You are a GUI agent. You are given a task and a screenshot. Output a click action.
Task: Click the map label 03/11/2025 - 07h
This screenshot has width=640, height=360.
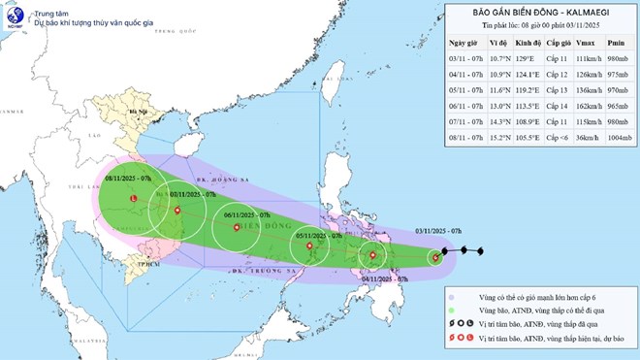[x=442, y=229]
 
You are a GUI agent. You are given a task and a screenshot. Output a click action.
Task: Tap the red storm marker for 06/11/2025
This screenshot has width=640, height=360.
[x=236, y=229]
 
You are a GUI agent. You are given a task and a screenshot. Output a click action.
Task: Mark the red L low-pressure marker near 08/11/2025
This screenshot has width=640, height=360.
[x=132, y=199]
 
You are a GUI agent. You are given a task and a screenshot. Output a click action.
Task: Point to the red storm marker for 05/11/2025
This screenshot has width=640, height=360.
[x=309, y=246]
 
